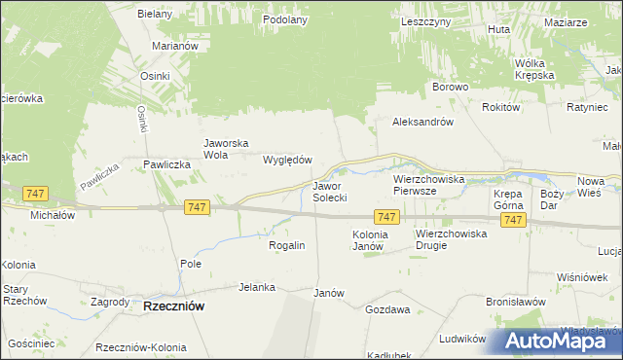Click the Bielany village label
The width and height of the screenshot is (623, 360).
[155, 14]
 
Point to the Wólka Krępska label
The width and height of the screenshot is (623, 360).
[534, 68]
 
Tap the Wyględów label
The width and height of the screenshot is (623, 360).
[287, 160]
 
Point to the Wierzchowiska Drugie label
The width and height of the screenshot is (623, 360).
[445, 239]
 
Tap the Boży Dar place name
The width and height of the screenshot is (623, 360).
[552, 198]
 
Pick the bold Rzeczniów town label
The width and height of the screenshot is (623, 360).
[173, 306]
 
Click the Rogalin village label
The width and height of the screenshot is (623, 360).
[287, 245]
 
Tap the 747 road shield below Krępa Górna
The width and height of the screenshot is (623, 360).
[514, 221]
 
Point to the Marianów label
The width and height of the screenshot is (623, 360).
[176, 46]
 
